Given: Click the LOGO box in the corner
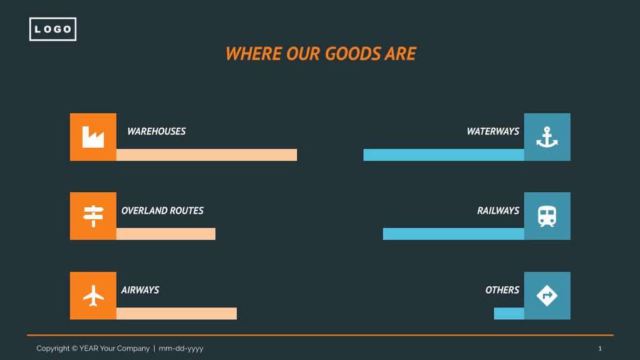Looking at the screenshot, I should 53,29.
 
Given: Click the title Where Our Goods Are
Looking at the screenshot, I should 321,54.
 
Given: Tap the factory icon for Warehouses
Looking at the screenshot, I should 93,137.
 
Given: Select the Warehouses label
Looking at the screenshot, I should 157,131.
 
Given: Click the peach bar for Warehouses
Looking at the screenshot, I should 207,155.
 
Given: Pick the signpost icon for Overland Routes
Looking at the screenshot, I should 93,216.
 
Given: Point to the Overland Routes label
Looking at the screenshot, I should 162,211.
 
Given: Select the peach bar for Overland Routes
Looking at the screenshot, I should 166,234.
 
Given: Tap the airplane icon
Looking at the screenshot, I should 93,296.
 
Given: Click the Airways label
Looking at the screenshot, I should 140,290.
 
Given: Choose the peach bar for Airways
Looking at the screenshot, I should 177,313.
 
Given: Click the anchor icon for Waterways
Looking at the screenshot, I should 547,137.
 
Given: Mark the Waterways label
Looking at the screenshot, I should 493,131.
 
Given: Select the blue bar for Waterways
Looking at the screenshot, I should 443,155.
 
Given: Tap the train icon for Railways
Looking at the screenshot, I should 547,216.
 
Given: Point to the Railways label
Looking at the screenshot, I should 498,211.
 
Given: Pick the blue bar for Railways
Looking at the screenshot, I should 453,234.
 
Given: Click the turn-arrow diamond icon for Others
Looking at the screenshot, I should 547,296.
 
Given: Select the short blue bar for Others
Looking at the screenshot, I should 508,313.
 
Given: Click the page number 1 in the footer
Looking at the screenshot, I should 600,348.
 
